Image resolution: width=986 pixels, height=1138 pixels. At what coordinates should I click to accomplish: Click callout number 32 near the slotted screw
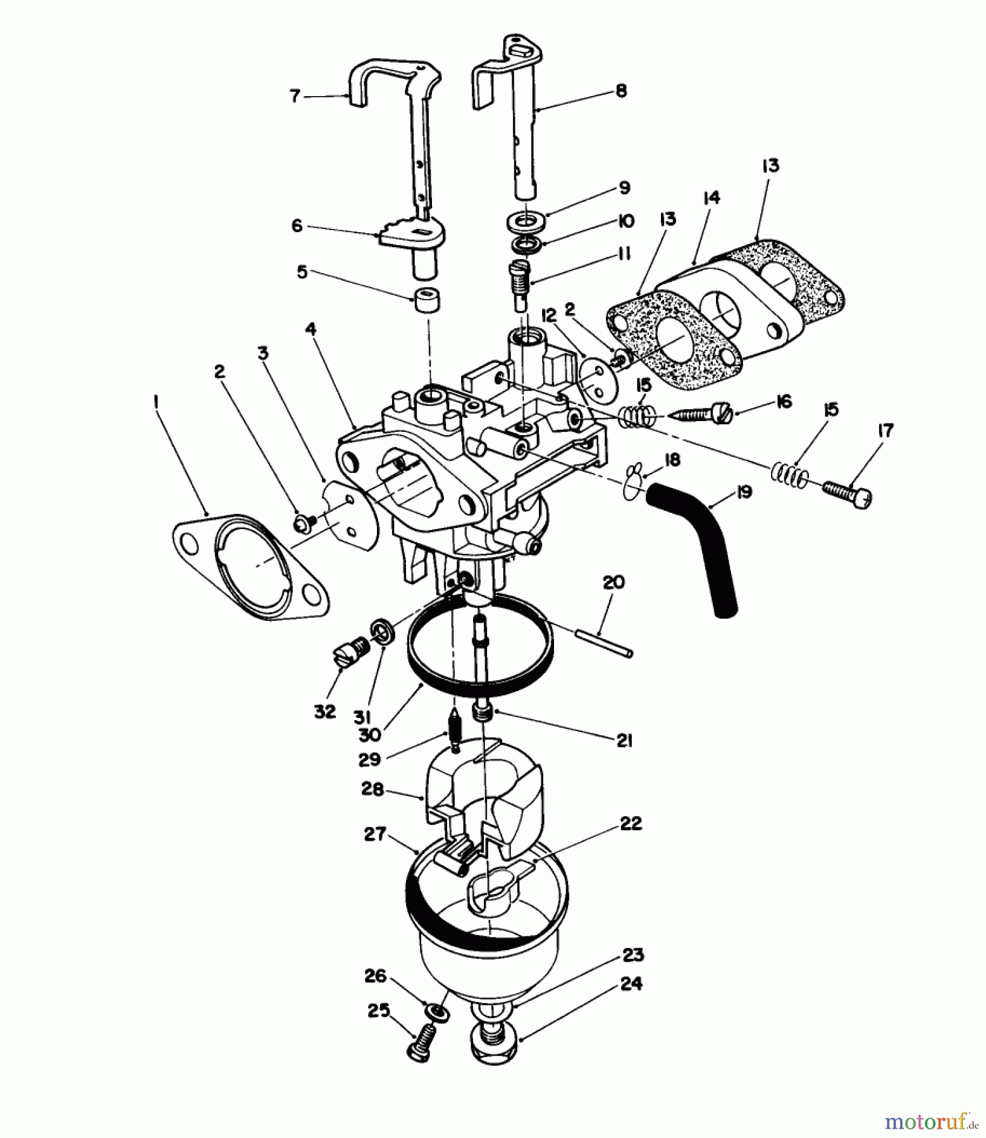tap(324, 712)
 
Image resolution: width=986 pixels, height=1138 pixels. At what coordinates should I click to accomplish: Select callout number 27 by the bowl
tap(375, 834)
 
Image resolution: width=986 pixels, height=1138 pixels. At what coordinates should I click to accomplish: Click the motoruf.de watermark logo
tap(927, 1122)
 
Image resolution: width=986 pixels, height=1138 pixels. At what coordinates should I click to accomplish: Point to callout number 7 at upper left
tap(294, 96)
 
